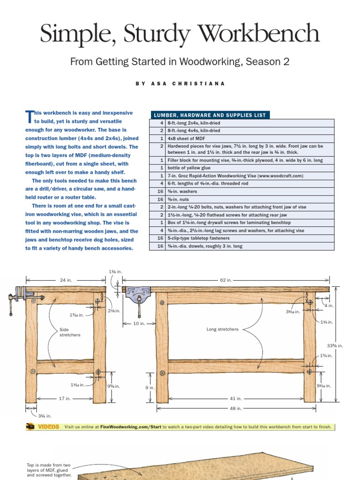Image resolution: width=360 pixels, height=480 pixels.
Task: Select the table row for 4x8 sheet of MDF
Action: point(241,139)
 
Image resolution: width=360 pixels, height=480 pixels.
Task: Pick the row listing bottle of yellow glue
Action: point(241,168)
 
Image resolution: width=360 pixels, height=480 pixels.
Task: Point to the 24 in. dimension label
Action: point(66,280)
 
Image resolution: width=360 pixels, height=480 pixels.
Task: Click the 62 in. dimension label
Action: point(226,280)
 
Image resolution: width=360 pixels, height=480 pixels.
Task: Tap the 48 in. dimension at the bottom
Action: point(236,408)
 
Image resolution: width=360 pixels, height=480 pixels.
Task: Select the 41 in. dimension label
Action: point(236,398)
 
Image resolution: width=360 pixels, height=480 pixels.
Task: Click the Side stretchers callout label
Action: point(70,332)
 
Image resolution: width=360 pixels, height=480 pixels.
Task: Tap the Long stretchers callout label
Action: point(222,329)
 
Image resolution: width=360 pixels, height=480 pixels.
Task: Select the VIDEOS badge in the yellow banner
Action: point(43,427)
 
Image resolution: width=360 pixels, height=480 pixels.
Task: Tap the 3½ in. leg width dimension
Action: point(45,416)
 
